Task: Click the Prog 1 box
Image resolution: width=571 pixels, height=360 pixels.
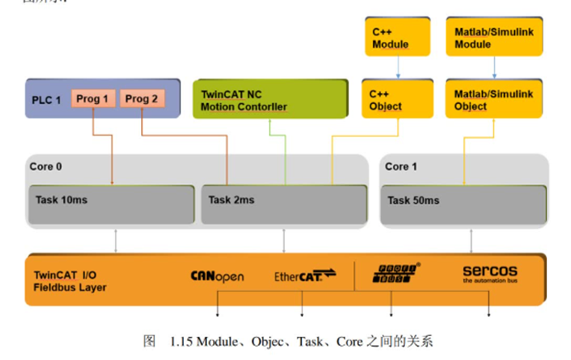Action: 92,99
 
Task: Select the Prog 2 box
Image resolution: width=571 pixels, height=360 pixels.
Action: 142,99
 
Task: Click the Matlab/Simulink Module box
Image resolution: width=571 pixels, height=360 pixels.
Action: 493,37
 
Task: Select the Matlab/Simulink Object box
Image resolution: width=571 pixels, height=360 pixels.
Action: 493,100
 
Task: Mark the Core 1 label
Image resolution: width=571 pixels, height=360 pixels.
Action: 401,166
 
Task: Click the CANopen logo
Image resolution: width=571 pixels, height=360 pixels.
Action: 217,276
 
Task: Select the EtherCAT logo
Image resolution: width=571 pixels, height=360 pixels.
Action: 304,276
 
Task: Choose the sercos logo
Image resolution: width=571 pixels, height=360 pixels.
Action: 489,273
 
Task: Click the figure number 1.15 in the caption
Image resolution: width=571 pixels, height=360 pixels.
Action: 182,340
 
